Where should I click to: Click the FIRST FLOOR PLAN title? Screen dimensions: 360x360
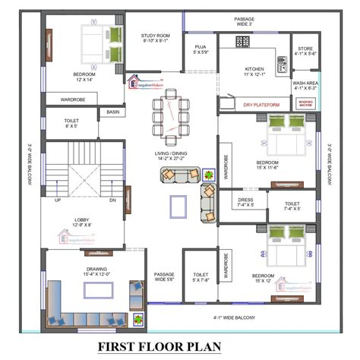point(180,347)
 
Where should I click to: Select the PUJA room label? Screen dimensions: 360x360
point(201,49)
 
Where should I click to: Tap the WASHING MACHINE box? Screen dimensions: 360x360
point(305,102)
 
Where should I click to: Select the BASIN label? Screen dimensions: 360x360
point(112,112)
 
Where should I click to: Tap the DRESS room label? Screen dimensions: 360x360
point(245,202)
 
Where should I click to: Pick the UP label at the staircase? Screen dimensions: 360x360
point(57,201)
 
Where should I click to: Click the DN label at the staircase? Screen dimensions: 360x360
point(112,201)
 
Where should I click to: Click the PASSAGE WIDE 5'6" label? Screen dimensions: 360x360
point(165,278)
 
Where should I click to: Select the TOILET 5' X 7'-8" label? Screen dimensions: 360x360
point(201,278)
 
